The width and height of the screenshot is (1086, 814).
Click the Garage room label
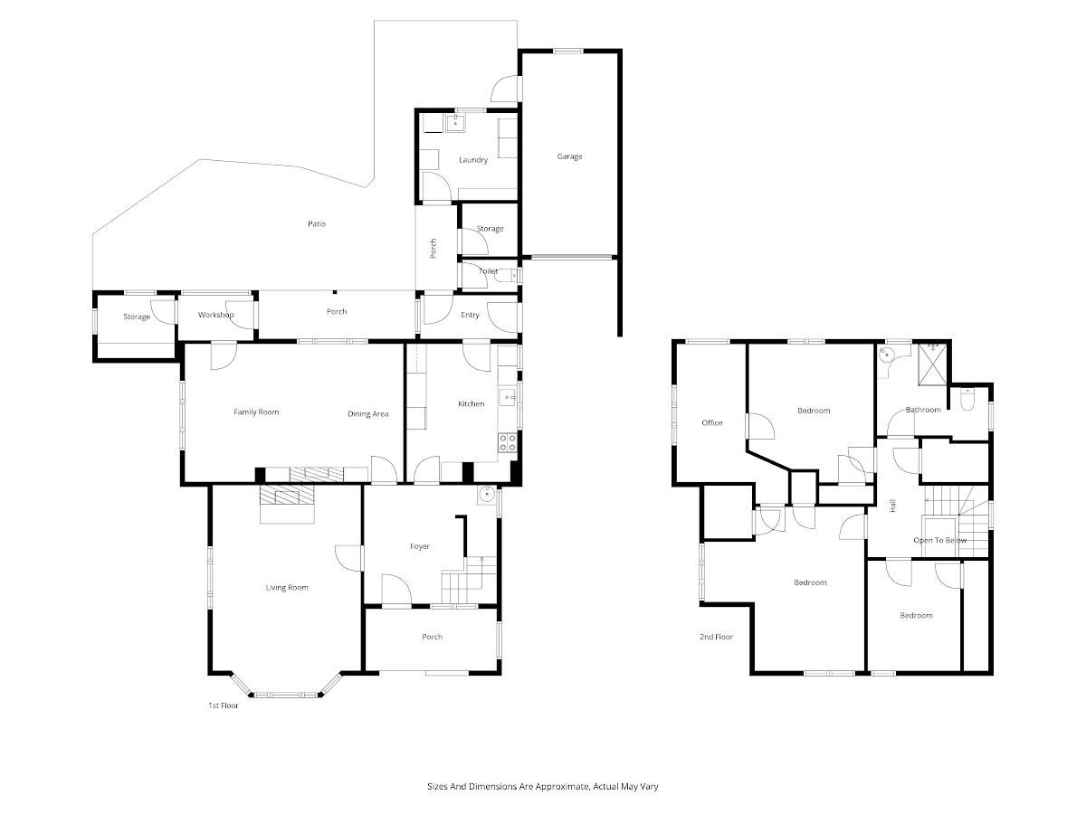569,156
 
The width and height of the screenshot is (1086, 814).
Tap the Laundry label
473,160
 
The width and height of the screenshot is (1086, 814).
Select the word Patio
317,224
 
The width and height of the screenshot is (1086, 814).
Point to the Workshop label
215,315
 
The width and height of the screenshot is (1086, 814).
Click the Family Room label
256,412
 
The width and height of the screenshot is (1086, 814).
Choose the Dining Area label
367,413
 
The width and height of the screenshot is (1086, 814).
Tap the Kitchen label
471,403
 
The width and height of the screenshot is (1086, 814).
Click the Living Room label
287,587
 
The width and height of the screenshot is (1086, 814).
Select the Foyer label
420,546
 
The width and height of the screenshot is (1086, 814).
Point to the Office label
712,422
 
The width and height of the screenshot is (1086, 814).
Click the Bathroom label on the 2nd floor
923,410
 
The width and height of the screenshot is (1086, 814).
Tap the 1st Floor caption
224,705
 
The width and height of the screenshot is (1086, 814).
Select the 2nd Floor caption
716,637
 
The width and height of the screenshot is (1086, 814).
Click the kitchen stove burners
508,442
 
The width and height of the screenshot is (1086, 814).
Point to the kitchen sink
507,397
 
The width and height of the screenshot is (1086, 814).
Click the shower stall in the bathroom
933,364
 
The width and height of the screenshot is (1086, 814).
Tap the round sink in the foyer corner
487,494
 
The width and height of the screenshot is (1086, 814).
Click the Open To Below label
940,540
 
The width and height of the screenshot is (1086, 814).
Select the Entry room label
470,315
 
